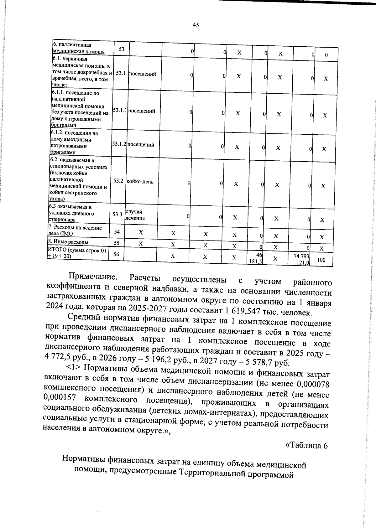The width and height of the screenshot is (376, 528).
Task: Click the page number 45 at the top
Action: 196,25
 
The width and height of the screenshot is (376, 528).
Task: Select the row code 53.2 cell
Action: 118,181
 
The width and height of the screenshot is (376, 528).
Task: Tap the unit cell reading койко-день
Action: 140,182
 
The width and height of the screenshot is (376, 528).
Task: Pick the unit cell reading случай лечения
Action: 135,215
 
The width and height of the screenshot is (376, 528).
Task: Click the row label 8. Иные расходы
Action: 68,242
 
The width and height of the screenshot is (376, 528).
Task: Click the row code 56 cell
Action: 116,254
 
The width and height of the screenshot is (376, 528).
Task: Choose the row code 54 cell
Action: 117,231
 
